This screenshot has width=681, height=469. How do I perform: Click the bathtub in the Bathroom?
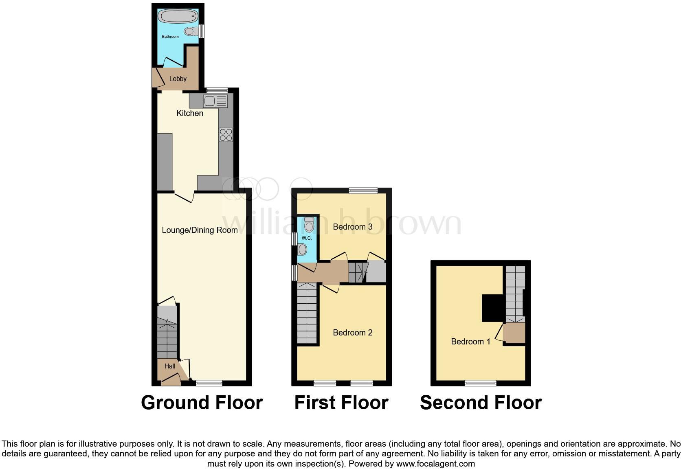(x=178, y=17)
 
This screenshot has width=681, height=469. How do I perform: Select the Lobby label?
(x=178, y=79)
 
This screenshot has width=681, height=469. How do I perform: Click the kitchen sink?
(x=215, y=101)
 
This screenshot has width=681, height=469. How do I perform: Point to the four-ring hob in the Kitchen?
(x=226, y=135)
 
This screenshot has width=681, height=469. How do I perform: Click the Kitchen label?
(x=190, y=113)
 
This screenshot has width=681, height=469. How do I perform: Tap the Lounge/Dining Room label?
(x=200, y=230)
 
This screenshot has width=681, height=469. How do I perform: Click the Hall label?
(x=170, y=366)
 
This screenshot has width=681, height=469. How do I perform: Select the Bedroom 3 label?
(x=353, y=227)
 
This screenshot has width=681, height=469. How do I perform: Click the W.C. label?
(x=307, y=238)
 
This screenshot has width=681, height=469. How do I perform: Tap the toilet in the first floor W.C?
(x=309, y=224)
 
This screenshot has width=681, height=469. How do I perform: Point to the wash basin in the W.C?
(x=302, y=249)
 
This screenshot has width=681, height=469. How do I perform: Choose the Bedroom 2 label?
(x=353, y=333)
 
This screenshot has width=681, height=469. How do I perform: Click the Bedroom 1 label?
(x=470, y=342)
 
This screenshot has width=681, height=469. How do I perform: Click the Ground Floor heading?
(x=202, y=403)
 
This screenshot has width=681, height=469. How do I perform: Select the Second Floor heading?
(x=481, y=403)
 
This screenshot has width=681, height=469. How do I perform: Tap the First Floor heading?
(x=341, y=403)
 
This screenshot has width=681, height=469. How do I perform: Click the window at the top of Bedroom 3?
(x=363, y=190)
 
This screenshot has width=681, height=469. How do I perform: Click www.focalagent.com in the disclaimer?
(x=435, y=463)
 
